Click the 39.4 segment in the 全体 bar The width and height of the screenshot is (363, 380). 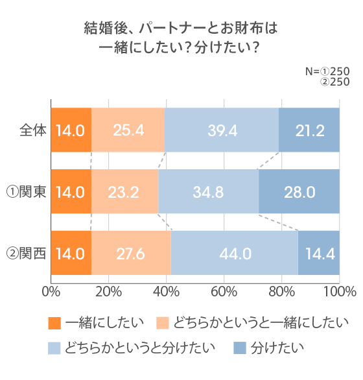[222, 130]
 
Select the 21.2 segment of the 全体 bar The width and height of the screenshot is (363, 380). [309, 130]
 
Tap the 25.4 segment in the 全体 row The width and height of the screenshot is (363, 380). [128, 130]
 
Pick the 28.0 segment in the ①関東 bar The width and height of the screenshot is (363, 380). [299, 191]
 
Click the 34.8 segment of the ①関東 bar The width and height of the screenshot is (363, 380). [208, 191]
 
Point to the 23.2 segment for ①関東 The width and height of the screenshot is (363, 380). [124, 191]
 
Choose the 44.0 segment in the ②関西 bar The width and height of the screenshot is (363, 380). [235, 253]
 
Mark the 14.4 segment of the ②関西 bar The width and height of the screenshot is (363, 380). [319, 253]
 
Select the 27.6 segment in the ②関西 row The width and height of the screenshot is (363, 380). [131, 253]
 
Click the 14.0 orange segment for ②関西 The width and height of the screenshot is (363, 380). [71, 253]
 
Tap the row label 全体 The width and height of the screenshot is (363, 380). [33, 130]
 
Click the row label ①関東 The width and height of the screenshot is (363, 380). [25, 191]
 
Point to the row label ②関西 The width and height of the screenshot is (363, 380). [25, 253]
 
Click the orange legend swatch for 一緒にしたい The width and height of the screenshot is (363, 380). [54, 322]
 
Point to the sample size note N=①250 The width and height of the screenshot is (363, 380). [327, 71]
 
